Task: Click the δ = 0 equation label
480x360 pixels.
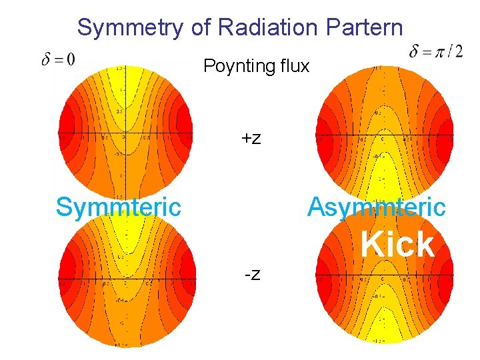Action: click(59, 59)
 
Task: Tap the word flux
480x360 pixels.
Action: click(291, 66)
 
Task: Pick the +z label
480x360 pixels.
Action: click(251, 139)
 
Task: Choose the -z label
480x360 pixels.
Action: click(252, 273)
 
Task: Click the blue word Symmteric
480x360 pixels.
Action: click(118, 207)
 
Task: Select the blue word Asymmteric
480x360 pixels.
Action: click(376, 207)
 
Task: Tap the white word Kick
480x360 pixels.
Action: click(397, 245)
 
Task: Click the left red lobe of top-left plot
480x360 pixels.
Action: click(66, 130)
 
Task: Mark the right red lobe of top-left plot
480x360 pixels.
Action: click(185, 130)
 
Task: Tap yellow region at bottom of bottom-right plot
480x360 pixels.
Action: click(382, 333)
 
